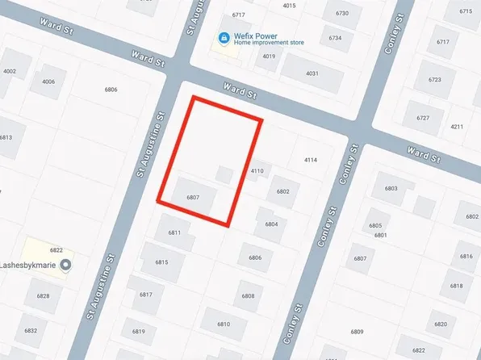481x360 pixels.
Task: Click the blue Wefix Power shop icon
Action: click(222, 38)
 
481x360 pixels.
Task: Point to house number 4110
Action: click(257, 171)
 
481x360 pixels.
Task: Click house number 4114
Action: click(310, 161)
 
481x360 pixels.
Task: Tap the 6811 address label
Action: click(174, 232)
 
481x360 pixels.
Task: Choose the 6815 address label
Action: click(161, 262)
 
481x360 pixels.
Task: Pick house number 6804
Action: click(271, 224)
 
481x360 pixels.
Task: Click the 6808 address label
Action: click(248, 296)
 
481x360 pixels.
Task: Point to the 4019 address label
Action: click(269, 57)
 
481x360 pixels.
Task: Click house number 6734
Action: click(335, 38)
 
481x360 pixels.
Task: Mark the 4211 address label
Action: click(457, 127)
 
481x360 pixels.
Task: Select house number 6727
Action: click(423, 118)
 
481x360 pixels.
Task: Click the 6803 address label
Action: click(391, 188)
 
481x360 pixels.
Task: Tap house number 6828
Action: click(43, 296)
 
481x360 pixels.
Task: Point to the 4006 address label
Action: click(48, 82)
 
